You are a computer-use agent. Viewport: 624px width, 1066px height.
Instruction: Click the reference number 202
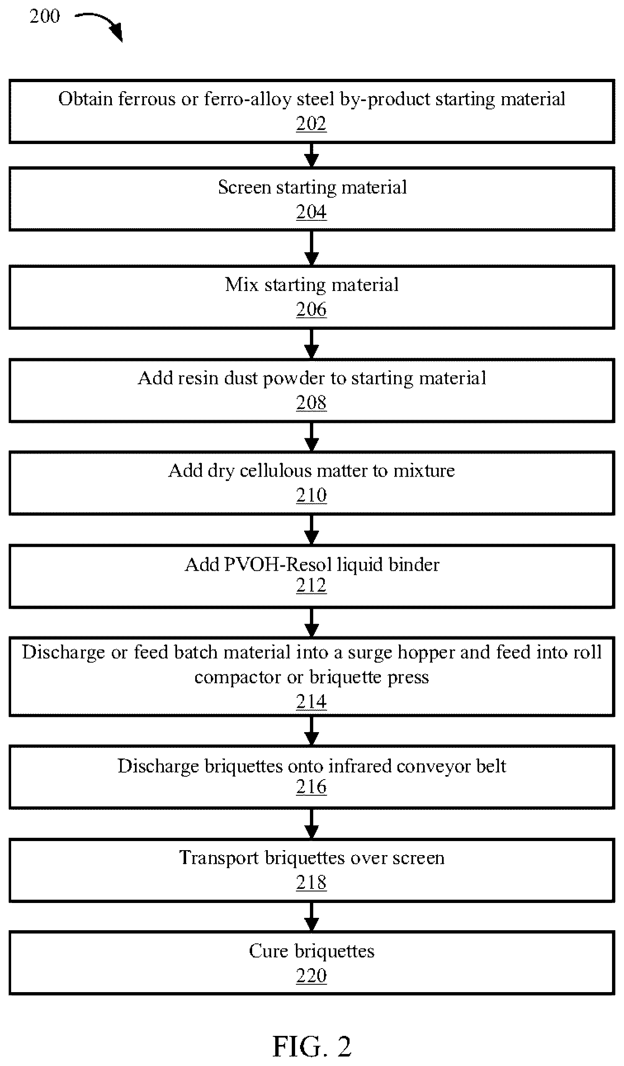(x=311, y=123)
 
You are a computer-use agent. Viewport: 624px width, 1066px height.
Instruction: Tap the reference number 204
(x=311, y=211)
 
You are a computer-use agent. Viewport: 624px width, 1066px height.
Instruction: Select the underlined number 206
(x=311, y=309)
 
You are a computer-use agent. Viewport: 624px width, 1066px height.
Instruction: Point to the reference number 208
(x=311, y=402)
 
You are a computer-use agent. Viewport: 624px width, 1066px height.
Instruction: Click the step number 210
(x=311, y=495)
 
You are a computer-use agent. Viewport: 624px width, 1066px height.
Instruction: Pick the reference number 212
(x=311, y=585)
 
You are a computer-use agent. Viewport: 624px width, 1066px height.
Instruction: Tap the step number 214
(x=311, y=701)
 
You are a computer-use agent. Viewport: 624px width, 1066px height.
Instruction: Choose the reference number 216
(x=311, y=787)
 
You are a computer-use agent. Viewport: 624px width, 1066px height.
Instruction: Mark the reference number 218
(x=311, y=882)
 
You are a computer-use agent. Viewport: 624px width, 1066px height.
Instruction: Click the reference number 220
(x=311, y=976)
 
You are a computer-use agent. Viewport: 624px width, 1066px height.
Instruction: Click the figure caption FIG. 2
(x=312, y=1046)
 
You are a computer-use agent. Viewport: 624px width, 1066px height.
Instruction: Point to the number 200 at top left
(x=45, y=16)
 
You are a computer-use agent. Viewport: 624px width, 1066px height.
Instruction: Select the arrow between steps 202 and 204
(x=311, y=155)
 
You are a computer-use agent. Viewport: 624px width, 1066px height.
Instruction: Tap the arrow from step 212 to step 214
(x=311, y=622)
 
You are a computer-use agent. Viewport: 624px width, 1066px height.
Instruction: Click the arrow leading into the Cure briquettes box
(x=311, y=917)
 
